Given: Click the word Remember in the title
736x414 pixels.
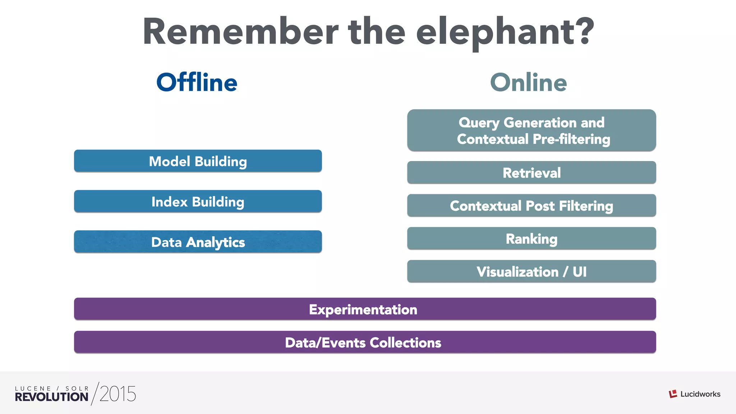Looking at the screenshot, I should tap(240, 32).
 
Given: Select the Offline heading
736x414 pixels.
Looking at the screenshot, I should tap(197, 82).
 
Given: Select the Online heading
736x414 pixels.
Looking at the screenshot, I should tap(528, 82).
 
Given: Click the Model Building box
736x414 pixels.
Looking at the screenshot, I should tap(198, 161).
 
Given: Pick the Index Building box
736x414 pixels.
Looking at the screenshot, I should tap(198, 201).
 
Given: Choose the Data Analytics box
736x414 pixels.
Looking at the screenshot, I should tap(198, 242).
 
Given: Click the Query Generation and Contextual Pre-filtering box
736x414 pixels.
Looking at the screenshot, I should tap(532, 130).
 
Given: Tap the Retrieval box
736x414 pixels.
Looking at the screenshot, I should tap(532, 172).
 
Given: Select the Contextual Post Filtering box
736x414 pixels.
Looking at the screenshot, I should tap(532, 206).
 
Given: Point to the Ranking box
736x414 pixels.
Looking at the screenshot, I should tap(532, 239).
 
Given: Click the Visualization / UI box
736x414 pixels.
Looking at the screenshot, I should tap(532, 272).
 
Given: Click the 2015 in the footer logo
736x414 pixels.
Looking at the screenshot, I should tap(118, 394).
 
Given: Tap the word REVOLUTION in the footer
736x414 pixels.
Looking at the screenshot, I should tap(51, 397).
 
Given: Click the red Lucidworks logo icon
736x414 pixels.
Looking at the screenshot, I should tap(673, 394).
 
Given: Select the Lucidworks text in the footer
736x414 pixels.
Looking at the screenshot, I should tap(700, 394).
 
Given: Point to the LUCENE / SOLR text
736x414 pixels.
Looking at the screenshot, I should tap(52, 388).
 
